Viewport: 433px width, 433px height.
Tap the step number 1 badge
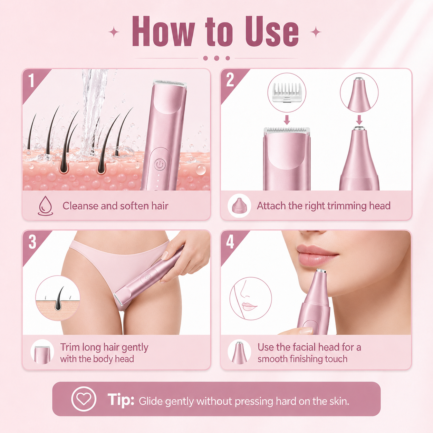(x=31, y=80)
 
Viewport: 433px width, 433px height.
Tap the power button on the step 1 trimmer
(x=160, y=165)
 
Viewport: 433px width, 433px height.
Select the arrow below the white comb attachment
(x=287, y=120)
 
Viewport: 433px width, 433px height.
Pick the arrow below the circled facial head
(x=359, y=120)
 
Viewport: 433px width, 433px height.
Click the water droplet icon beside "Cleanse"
(x=46, y=206)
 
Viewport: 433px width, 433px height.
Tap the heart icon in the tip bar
(x=84, y=399)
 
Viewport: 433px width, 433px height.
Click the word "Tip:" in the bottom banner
(x=121, y=399)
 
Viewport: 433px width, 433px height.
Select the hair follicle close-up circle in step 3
(x=58, y=298)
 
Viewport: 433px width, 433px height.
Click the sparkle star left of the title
(x=114, y=32)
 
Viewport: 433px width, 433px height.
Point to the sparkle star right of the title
(x=316, y=32)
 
